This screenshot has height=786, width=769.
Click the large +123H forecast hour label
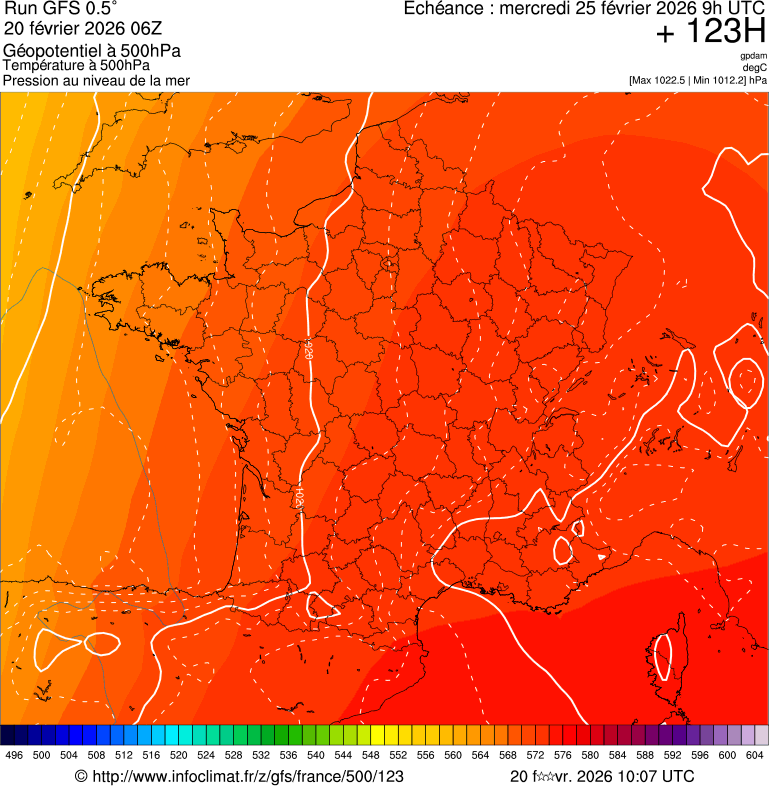tap(711, 32)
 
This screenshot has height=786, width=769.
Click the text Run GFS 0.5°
tap(61, 10)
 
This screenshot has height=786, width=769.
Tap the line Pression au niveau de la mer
tap(96, 80)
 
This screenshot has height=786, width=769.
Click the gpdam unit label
tap(753, 56)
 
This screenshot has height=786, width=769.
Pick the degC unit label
tap(755, 68)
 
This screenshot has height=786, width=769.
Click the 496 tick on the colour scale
tap(14, 756)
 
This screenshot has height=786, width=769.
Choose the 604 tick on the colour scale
tap(754, 756)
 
